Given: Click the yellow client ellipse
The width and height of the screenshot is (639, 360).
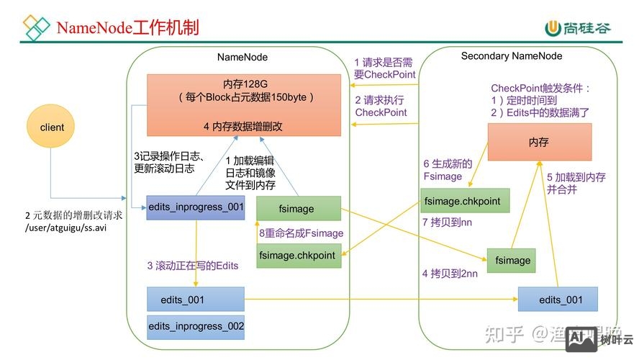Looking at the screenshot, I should (52, 127).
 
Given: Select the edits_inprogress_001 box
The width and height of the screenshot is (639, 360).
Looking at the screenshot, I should (196, 207).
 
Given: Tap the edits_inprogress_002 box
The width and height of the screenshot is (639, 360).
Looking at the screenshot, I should (196, 326).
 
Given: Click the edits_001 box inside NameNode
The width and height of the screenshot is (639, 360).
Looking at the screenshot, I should (196, 297).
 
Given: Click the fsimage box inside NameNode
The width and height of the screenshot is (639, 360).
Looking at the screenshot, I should (298, 209).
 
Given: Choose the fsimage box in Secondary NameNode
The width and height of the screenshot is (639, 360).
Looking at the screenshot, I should (513, 260).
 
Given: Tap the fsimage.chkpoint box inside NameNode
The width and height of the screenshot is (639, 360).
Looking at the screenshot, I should (298, 256).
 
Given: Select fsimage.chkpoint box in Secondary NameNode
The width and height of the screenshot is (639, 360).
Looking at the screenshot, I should (465, 201).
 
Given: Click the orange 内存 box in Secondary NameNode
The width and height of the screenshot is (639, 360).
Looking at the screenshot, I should (539, 142).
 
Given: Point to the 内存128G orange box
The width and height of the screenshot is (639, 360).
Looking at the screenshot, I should (244, 104).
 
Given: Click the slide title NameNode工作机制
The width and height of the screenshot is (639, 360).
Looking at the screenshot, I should (127, 28).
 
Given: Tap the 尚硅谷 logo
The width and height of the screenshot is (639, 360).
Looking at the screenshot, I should (578, 28).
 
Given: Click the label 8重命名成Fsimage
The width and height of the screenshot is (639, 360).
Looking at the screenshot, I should (302, 233).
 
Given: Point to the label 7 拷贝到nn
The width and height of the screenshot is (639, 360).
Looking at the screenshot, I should (447, 222).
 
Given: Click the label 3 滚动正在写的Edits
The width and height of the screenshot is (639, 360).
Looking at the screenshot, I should (193, 266).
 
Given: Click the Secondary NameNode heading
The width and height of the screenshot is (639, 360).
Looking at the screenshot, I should (512, 55).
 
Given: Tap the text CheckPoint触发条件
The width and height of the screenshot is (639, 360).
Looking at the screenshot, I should (540, 88).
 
